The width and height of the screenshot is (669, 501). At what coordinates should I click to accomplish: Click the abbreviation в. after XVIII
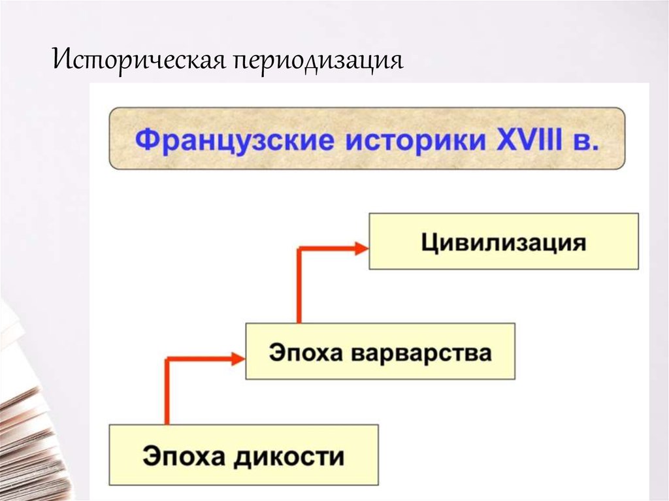[586, 140]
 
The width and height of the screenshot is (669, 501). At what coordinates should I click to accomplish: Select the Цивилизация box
[504, 241]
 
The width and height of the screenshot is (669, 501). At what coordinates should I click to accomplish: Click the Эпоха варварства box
[380, 351]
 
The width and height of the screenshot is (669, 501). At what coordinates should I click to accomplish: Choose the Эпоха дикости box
[243, 455]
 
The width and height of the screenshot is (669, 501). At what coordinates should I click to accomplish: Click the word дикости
[289, 455]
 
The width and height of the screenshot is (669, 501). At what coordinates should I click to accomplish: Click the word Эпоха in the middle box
[306, 353]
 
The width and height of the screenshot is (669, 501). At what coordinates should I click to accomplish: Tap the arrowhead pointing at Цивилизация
[361, 248]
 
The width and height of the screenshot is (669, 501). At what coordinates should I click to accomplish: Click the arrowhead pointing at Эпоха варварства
[237, 357]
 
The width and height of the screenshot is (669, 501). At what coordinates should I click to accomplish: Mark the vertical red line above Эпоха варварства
[299, 287]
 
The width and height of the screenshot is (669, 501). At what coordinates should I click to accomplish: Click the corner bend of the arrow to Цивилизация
[299, 249]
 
